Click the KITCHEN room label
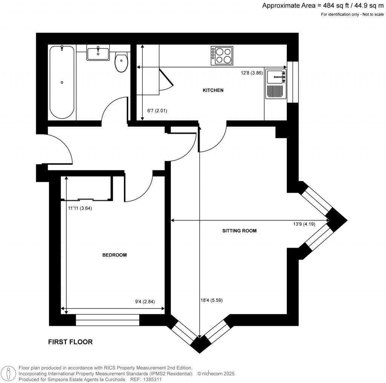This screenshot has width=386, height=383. click(x=213, y=90)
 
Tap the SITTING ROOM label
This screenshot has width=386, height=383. click(x=239, y=231)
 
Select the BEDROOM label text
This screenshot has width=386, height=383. click(x=115, y=255)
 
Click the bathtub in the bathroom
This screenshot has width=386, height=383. click(x=62, y=82)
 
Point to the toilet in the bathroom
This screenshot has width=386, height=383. click(x=121, y=62)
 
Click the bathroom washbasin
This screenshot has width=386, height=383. click(x=98, y=53)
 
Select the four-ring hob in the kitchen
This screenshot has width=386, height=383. click(x=222, y=56)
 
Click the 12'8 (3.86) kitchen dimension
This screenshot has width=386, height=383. click(x=251, y=73)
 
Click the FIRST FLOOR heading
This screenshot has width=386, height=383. click(x=70, y=342)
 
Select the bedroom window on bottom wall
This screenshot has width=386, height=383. click(x=107, y=320)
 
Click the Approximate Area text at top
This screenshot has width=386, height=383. click(x=323, y=5)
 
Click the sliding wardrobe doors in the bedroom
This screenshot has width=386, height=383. click(x=86, y=199)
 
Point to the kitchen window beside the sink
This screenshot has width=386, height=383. click(x=293, y=82)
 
